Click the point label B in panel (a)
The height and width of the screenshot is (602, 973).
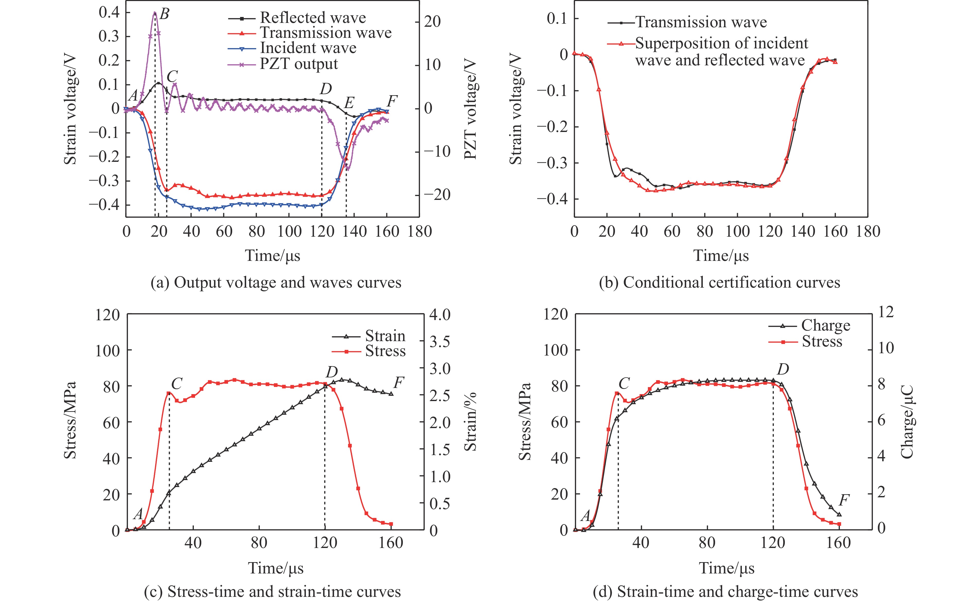164,15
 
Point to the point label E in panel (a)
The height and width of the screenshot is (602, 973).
349,103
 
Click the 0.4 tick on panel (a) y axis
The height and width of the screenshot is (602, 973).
109,13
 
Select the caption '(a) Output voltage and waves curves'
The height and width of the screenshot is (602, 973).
276,283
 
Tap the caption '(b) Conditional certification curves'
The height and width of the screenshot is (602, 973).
719,283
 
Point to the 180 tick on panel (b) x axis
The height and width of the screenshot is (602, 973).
868,231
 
